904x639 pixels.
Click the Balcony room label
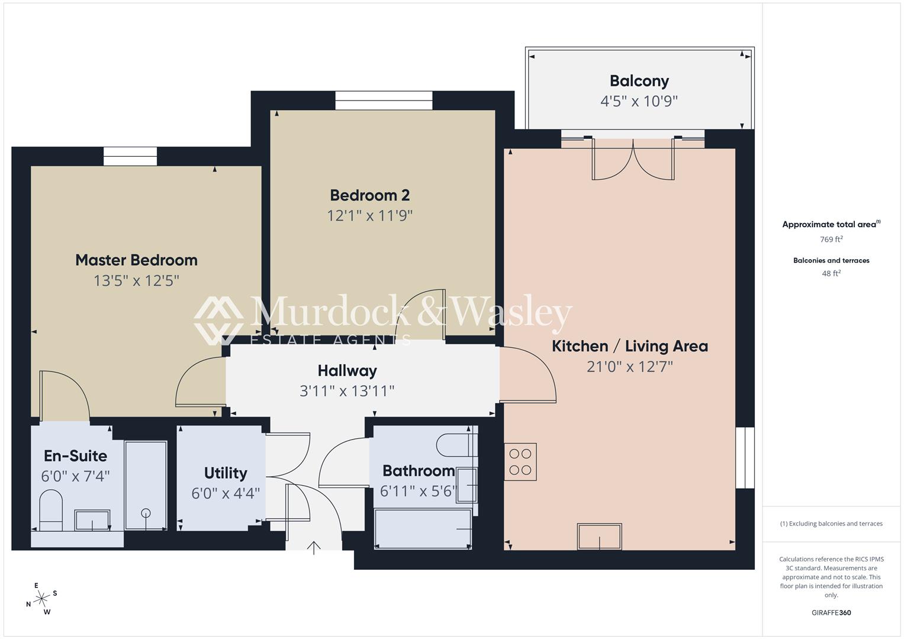639,81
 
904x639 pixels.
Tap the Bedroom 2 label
370,195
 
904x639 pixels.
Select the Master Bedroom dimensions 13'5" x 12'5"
136,280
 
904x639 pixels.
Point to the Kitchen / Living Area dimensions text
630,367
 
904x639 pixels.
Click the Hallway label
347,371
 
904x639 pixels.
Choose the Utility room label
226,473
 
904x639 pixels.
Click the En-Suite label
75,456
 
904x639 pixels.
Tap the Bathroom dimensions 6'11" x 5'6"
419,491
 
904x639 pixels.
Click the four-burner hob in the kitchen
520,461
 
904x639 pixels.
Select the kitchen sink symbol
599,537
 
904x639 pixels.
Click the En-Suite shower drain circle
146,513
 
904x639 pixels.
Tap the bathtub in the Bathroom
423,528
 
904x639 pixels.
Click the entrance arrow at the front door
314,548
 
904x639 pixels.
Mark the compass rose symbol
41,599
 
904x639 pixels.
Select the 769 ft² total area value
831,240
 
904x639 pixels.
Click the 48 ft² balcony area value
831,273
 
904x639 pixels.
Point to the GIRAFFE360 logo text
831,612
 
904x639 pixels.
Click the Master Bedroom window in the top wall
130,156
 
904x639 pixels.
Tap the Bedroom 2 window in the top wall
384,100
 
